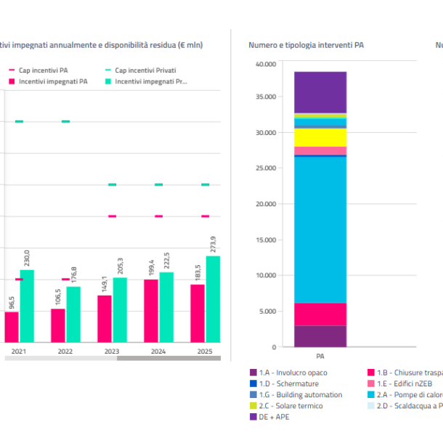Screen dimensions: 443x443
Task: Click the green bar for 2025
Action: coord(213,299)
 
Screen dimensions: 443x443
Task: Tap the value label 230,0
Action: coord(28,258)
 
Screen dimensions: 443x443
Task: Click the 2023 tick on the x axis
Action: coord(112,351)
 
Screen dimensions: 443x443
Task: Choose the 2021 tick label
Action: coord(19,351)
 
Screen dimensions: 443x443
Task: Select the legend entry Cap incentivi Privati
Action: coord(145,70)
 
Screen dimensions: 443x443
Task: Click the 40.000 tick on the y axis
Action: coord(266,65)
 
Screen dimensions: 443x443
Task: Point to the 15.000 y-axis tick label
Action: coord(266,240)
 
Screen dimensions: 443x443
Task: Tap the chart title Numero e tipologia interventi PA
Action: coord(306,45)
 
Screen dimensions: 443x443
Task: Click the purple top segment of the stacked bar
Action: coord(320,92)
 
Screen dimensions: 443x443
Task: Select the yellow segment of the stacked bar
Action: coord(320,137)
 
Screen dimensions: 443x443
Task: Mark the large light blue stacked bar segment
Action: coord(320,229)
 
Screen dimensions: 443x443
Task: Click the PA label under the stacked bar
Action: coord(320,357)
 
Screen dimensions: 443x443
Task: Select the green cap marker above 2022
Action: coord(65,121)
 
